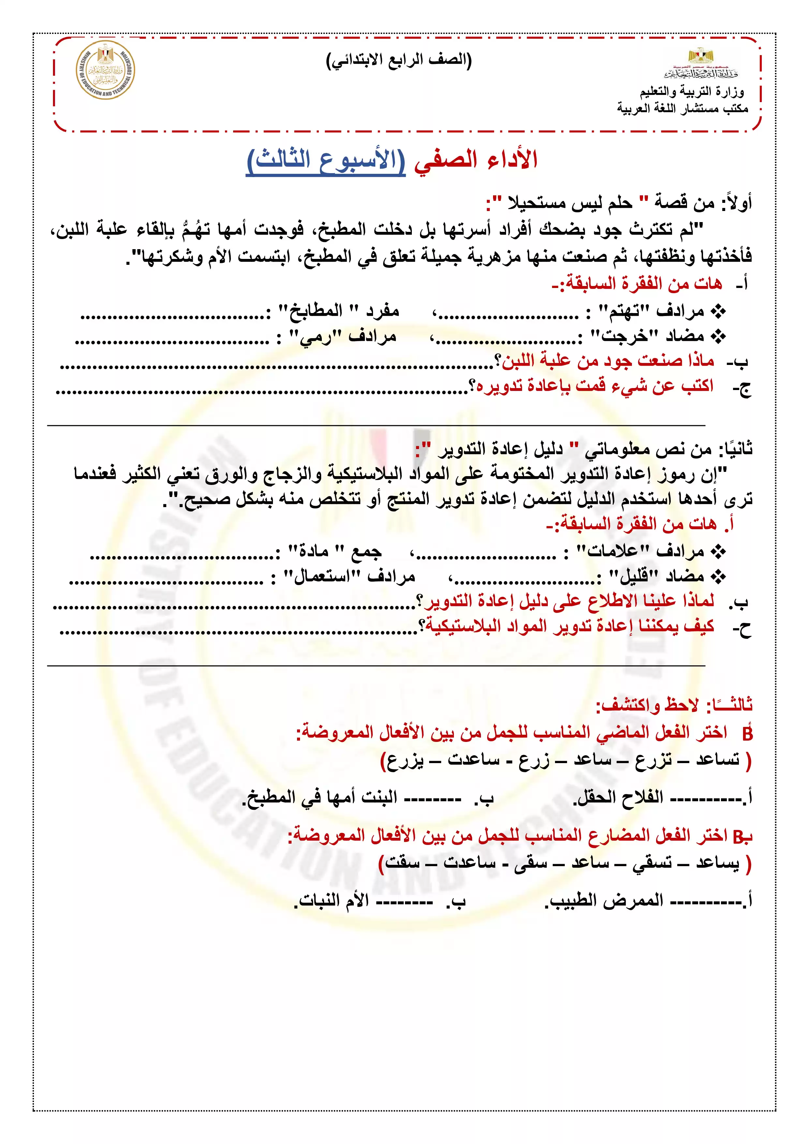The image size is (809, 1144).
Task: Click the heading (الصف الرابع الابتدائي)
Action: [398, 60]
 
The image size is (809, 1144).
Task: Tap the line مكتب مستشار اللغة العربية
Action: [682, 108]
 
